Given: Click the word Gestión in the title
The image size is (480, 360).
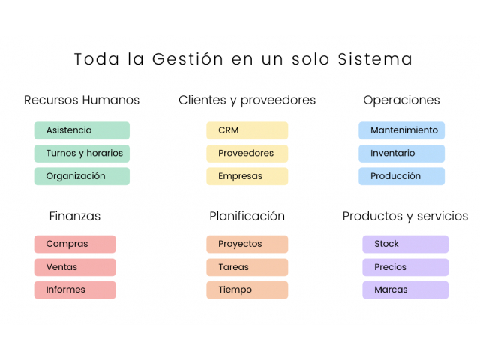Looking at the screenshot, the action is tap(187, 58).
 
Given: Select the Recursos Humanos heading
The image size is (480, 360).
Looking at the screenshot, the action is tap(82, 100).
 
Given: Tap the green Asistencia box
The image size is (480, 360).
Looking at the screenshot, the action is tap(82, 130).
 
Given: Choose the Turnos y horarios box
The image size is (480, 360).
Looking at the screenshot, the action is tap(82, 153).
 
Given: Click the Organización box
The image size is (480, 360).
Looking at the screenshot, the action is tap(82, 176).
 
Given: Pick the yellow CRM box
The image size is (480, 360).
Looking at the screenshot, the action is tap(247, 130).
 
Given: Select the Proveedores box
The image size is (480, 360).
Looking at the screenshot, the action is tap(247, 153).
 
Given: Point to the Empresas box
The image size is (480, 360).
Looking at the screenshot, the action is tap(247, 176).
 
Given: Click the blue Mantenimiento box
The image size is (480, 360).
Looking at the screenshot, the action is tap(402, 130).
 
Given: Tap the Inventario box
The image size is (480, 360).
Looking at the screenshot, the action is tap(402, 153).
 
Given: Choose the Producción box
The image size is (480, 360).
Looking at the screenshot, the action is tap(402, 176).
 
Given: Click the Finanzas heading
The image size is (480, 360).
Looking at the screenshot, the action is tap(75, 216).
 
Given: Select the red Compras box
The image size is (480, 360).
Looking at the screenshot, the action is tap(75, 244).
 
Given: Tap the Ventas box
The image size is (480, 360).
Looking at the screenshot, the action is tap(75, 267).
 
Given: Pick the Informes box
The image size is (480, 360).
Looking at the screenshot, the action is tap(75, 290).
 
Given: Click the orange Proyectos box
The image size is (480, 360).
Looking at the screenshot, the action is tap(247, 244).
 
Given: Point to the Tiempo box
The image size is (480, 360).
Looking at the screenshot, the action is tap(247, 290).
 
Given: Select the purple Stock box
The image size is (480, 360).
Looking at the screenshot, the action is tap(405, 244).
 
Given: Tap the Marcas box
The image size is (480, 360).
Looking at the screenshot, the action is tap(405, 290).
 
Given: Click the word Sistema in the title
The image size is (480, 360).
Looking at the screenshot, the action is tap(375, 58).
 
